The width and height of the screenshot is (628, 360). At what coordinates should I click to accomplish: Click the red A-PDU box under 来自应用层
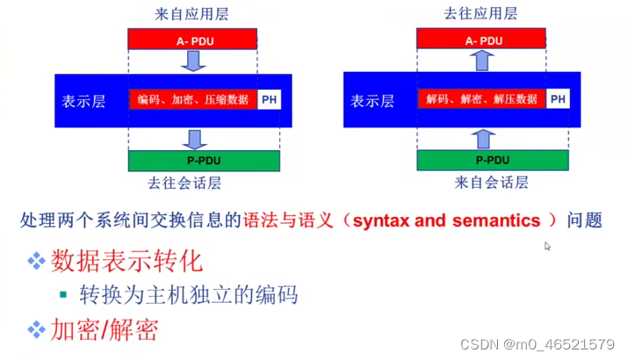click(192, 39)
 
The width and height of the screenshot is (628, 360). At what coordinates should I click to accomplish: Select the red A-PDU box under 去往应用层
click(481, 39)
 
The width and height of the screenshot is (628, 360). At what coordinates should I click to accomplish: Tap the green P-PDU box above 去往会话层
click(204, 161)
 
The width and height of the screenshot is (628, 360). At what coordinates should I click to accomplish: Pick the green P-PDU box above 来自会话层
click(493, 160)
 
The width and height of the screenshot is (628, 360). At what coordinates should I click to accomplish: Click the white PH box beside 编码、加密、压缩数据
click(269, 99)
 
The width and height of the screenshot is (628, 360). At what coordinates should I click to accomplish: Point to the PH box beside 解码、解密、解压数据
click(558, 99)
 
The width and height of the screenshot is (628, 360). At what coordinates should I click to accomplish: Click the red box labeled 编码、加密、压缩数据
click(192, 99)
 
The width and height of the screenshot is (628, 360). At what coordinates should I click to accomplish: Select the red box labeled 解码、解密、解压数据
click(481, 99)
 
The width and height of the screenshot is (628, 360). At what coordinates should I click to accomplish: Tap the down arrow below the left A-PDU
click(193, 61)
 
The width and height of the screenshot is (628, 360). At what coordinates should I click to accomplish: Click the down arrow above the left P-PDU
click(195, 140)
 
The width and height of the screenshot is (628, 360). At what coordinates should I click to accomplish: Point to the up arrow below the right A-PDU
click(482, 61)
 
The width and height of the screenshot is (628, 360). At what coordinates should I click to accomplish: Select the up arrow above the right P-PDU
click(483, 139)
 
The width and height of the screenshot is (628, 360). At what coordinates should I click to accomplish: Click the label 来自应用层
click(191, 14)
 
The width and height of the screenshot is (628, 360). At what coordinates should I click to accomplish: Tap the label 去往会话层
click(184, 183)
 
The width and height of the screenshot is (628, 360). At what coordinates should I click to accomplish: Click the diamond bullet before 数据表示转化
click(36, 261)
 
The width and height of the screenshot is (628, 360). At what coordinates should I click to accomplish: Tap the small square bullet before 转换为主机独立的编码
click(63, 295)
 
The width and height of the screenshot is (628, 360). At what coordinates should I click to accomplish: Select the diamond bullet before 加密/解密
click(36, 329)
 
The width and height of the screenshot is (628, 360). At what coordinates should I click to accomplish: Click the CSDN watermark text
click(537, 344)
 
